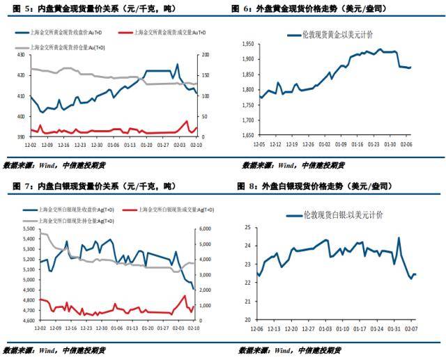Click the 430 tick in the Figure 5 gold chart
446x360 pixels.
[x=20, y=54]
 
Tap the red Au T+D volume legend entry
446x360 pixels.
[x=158, y=33]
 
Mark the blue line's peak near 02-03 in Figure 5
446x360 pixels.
[x=177, y=65]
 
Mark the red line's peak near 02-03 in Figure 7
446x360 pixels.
[x=185, y=296]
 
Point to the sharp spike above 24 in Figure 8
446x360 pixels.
[x=399, y=238]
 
